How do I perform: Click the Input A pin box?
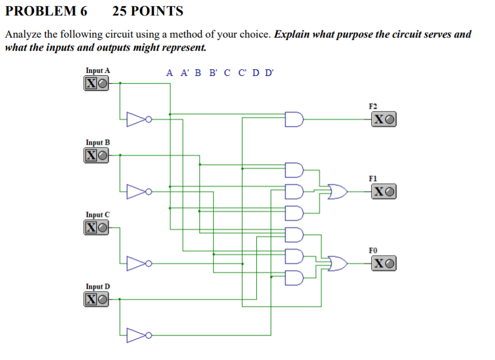click(x=97, y=84)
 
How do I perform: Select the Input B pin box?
click(x=97, y=155)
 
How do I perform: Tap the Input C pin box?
click(x=97, y=227)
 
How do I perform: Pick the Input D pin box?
click(x=97, y=299)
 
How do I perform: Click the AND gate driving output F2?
click(x=295, y=119)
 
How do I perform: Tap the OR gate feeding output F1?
click(x=337, y=192)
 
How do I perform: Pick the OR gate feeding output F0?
click(x=337, y=263)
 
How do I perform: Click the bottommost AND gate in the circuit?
click(x=295, y=278)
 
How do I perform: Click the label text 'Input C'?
click(x=98, y=214)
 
